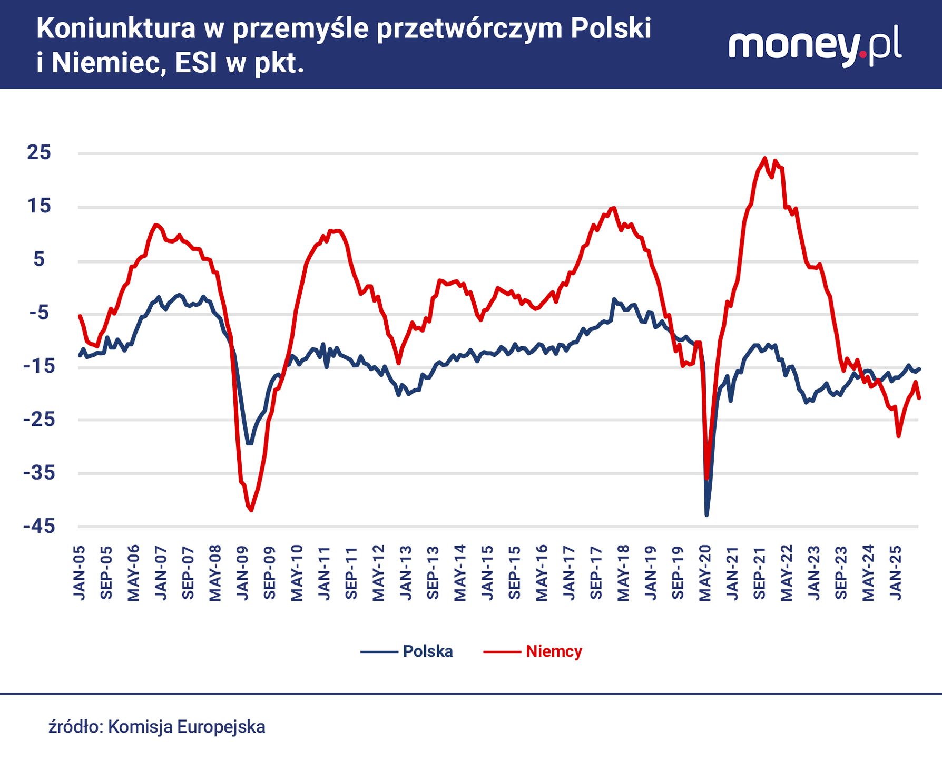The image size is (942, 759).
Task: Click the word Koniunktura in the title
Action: (x=116, y=28)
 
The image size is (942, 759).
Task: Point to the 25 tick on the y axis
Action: (x=39, y=153)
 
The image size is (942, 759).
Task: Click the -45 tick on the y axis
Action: (x=39, y=526)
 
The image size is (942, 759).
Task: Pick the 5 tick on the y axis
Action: (x=39, y=259)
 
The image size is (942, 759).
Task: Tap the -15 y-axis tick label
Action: (x=39, y=366)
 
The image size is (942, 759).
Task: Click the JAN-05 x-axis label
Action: (x=79, y=572)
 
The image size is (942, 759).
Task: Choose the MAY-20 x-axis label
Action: (x=705, y=572)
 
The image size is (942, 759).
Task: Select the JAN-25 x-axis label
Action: (x=895, y=572)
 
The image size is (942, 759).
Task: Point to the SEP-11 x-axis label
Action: (x=351, y=572)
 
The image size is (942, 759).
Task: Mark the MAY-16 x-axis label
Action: (x=542, y=572)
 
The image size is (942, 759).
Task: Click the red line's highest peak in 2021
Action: (x=765, y=158)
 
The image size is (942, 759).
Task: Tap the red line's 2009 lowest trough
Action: (x=251, y=510)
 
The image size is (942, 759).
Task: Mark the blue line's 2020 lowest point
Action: (x=706, y=514)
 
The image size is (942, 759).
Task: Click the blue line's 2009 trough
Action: (x=249, y=443)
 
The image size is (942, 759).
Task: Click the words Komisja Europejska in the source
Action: (x=187, y=727)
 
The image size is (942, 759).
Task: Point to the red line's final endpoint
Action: (x=919, y=398)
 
